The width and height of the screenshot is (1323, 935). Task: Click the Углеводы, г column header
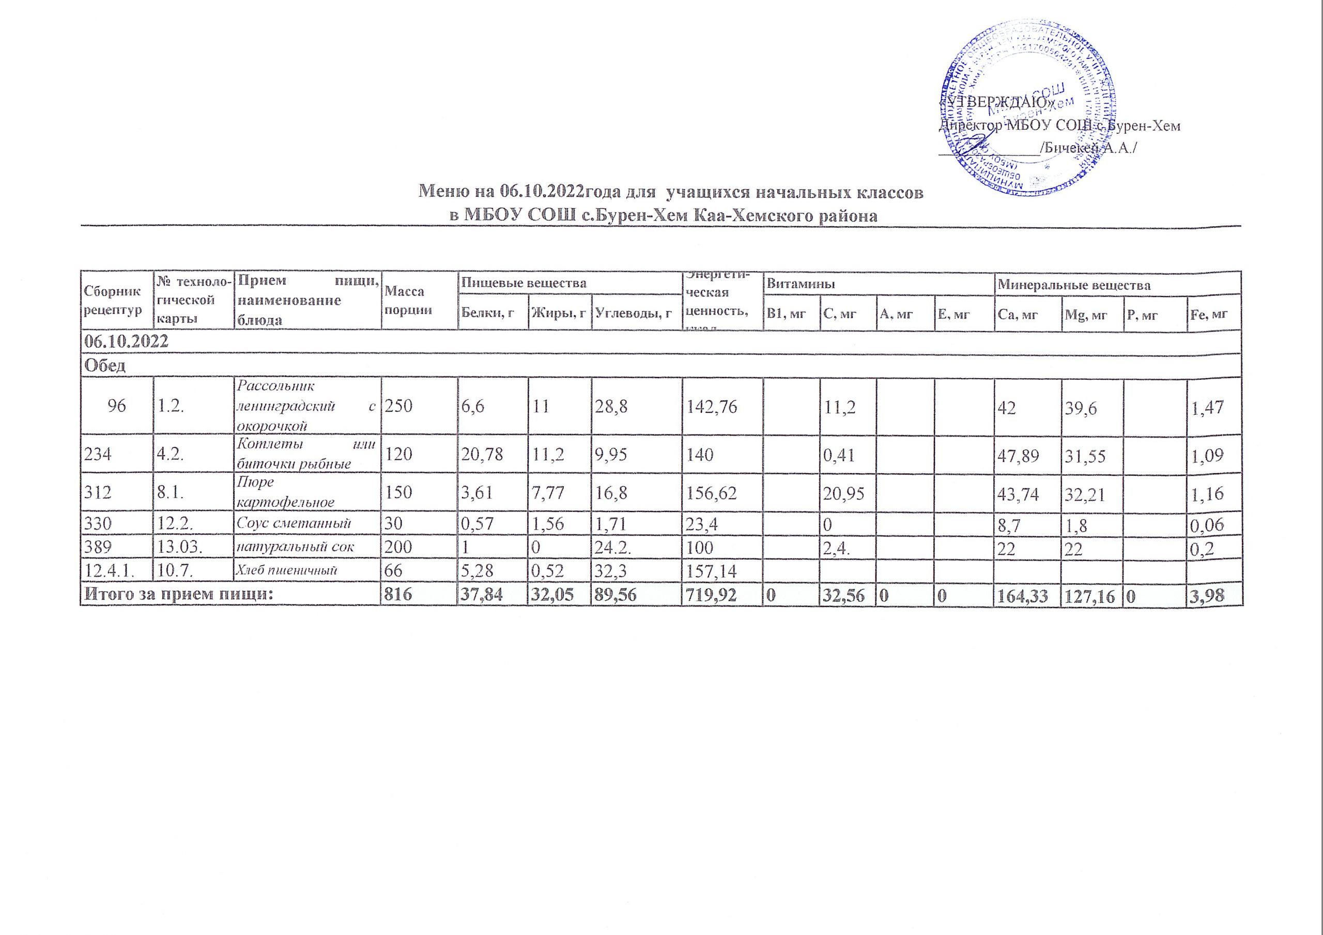point(633,314)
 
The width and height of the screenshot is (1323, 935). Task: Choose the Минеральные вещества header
point(1074,285)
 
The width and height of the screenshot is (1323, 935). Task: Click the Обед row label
point(105,365)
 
